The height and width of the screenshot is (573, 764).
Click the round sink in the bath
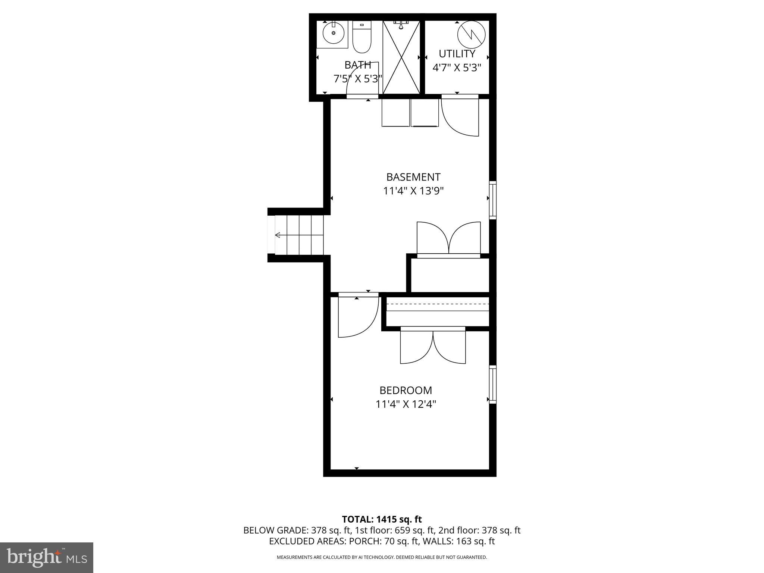coord(333,33)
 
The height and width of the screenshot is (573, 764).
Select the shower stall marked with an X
coord(401,57)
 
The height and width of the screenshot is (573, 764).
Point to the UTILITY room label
coord(457,54)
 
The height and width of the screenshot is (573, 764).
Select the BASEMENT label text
coord(413,177)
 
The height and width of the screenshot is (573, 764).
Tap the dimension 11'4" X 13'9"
coord(413,191)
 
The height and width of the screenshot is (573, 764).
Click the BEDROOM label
coord(406,390)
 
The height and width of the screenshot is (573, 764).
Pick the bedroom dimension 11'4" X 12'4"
coord(406,404)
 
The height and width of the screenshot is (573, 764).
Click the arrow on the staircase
coord(278,235)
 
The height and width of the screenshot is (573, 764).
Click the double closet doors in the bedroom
coord(433,347)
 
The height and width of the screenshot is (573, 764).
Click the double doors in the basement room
coord(448,239)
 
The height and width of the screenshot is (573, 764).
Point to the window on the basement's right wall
coord(492,200)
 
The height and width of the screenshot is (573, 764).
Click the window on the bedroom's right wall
coord(492,384)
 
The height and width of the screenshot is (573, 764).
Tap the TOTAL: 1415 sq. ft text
coord(382,519)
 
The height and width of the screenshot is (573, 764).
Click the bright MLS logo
coord(47,557)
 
